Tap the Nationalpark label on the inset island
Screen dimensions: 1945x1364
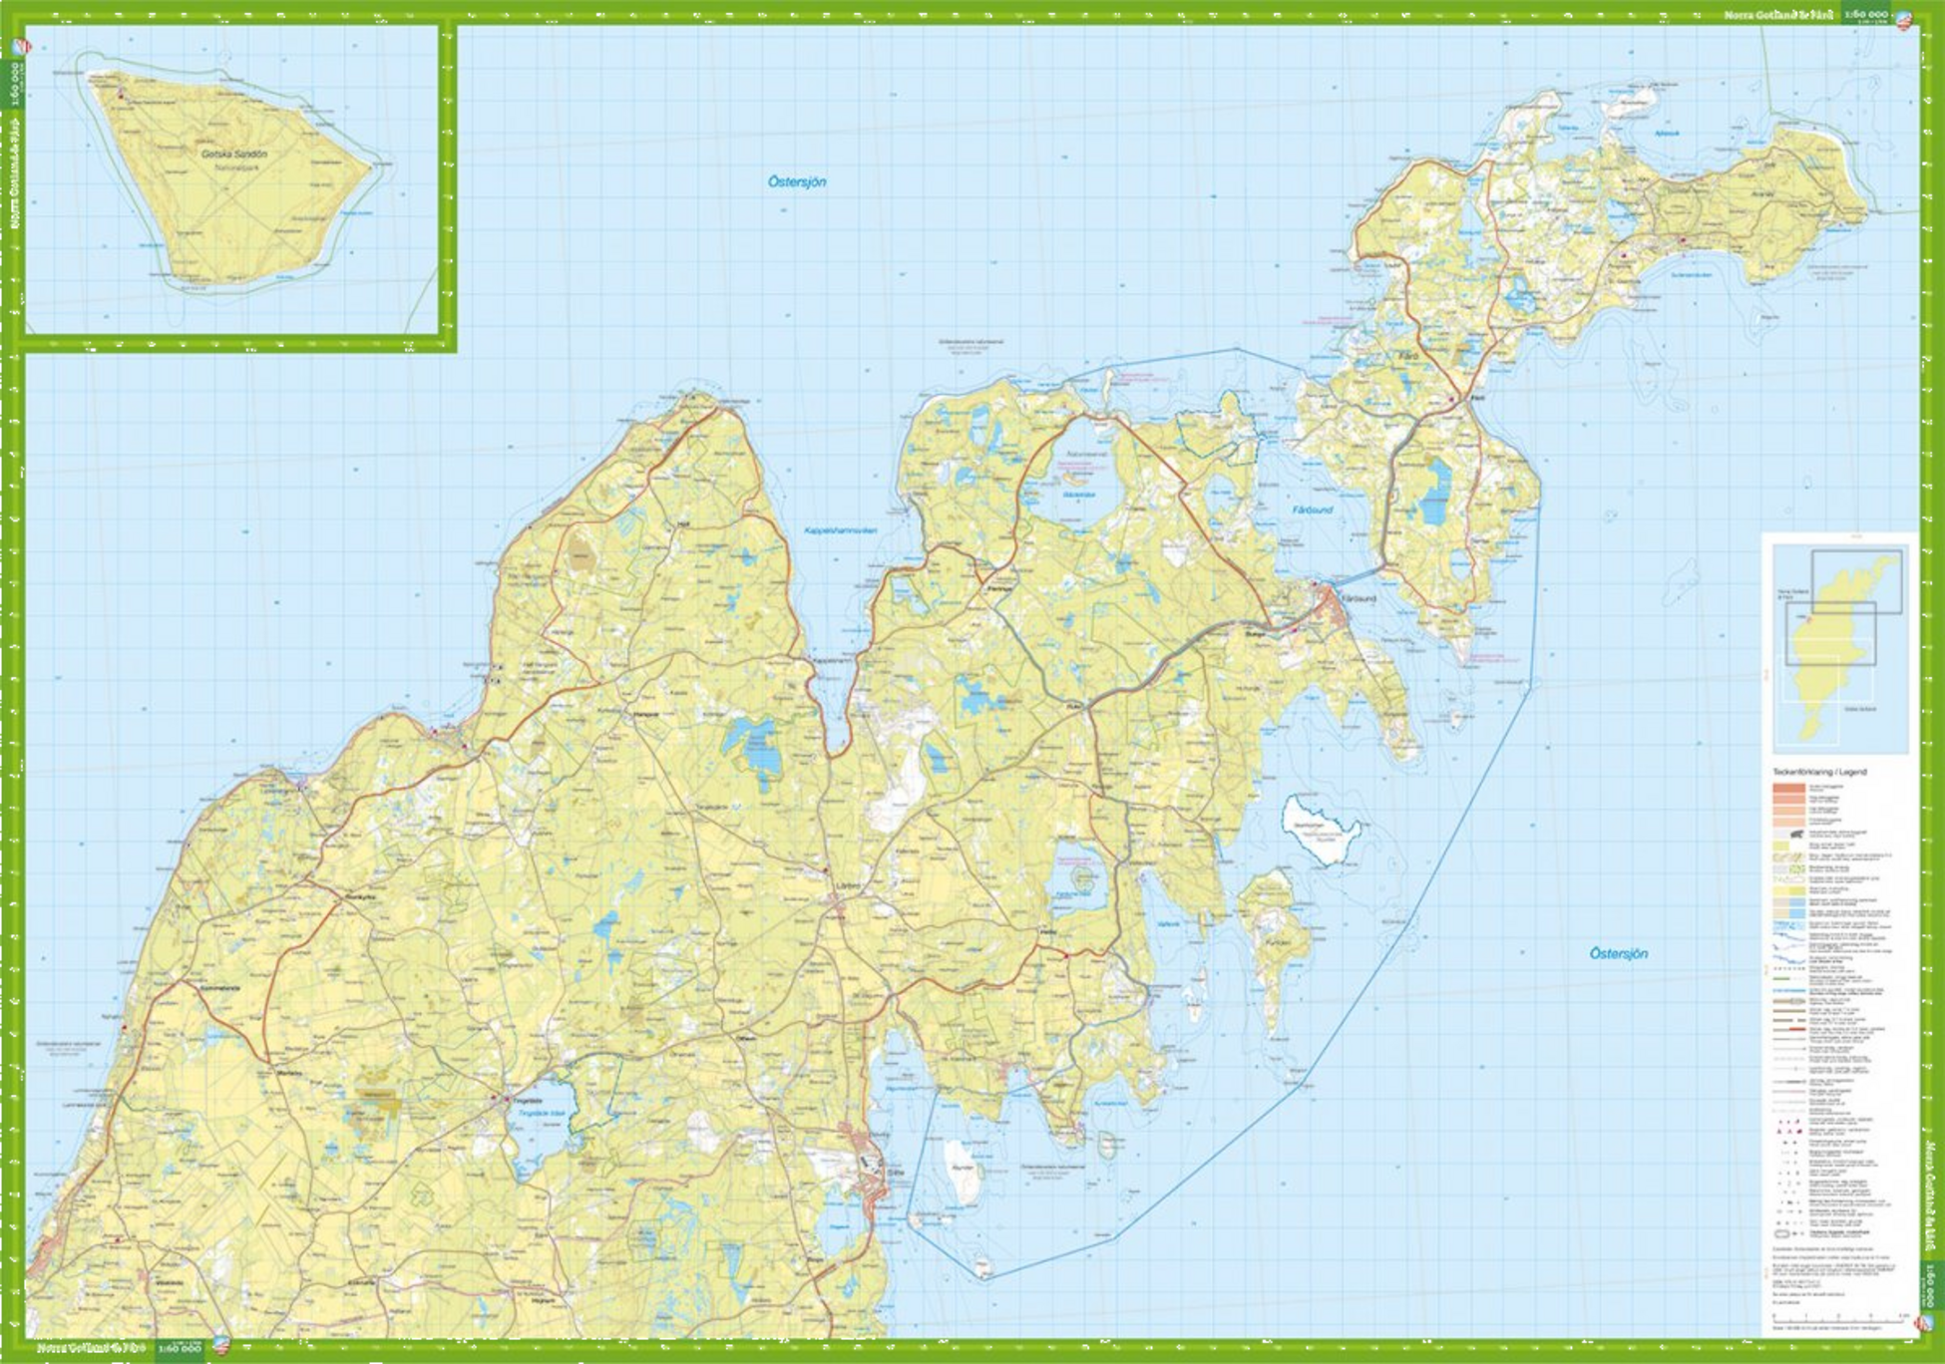click(234, 169)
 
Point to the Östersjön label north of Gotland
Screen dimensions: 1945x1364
click(796, 181)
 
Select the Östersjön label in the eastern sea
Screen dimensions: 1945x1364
click(1618, 953)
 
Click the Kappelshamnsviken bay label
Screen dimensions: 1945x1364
click(840, 530)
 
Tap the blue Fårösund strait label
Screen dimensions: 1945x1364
click(1313, 510)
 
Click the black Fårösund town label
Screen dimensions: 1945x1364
click(1359, 598)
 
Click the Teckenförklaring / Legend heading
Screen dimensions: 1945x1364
click(1819, 772)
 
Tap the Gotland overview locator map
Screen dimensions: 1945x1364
click(1839, 648)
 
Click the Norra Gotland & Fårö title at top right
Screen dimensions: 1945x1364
click(1780, 15)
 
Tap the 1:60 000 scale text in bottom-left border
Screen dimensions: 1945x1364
click(180, 1349)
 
